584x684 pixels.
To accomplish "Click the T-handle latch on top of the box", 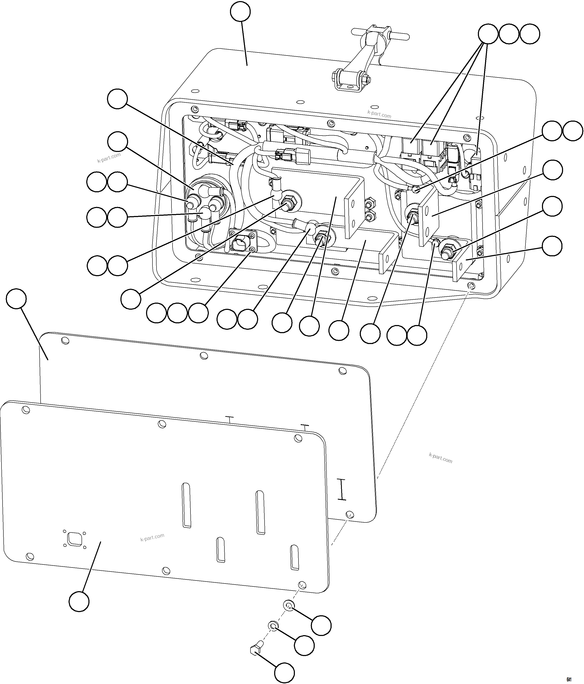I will (380, 34).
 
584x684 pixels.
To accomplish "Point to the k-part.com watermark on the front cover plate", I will (152, 537).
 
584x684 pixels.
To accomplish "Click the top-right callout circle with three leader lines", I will (488, 34).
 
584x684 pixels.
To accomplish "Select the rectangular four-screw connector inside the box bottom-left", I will (242, 245).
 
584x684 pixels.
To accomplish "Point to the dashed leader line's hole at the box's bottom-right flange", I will (471, 285).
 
